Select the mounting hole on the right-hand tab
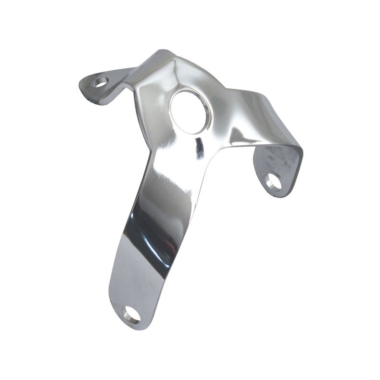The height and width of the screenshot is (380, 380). click(273, 183)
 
